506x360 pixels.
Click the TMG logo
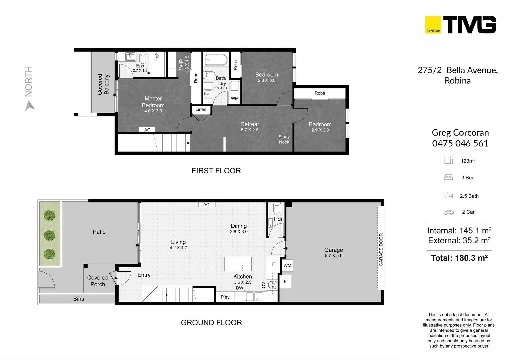tap(460, 25)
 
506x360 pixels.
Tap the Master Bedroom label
tap(153, 102)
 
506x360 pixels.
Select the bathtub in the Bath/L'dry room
tap(216, 60)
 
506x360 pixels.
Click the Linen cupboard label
tap(201, 109)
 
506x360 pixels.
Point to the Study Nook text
tap(284, 139)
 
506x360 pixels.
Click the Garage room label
tap(333, 250)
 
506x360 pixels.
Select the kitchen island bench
tap(238, 264)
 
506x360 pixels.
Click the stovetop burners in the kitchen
tap(273, 285)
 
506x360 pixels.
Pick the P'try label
tap(225, 297)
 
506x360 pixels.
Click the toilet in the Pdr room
tap(277, 208)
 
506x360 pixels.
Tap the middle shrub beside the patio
tap(49, 235)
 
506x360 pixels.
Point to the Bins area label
tap(79, 299)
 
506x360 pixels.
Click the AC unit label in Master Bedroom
tap(147, 130)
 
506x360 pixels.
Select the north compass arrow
tap(30, 106)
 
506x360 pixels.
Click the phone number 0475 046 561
tap(460, 143)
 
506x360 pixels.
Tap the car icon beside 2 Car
tap(449, 212)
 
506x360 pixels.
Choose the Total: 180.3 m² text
tap(459, 258)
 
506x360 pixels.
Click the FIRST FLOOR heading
tap(216, 171)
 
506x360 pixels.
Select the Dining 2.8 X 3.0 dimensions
tap(239, 232)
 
